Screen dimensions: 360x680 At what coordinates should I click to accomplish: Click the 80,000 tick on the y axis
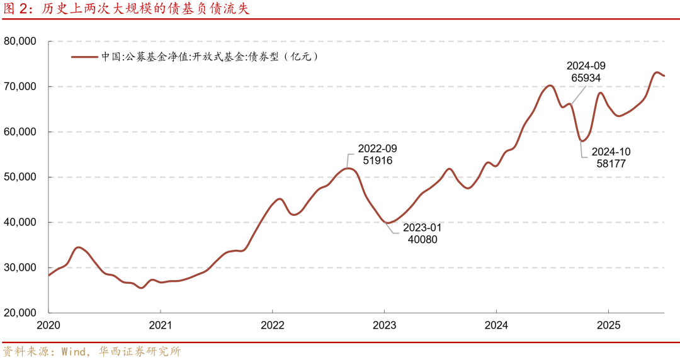pyautogui.click(x=21, y=42)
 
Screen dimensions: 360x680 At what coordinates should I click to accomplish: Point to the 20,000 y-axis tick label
pyautogui.click(x=21, y=313)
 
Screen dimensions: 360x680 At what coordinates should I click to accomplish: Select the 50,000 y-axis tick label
pyautogui.click(x=21, y=177)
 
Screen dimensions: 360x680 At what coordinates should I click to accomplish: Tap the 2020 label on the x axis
pyautogui.click(x=48, y=325)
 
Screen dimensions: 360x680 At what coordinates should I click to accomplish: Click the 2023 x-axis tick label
pyautogui.click(x=384, y=325)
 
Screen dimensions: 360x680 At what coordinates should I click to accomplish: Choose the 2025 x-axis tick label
pyautogui.click(x=608, y=325)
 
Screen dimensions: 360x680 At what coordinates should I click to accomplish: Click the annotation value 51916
pyautogui.click(x=378, y=160)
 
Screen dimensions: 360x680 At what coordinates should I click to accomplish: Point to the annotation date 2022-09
pyautogui.click(x=378, y=149)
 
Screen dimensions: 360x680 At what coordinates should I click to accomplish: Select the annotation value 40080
pyautogui.click(x=421, y=239)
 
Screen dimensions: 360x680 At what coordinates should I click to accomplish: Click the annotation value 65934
pyautogui.click(x=586, y=78)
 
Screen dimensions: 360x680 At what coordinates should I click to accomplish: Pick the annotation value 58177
pyautogui.click(x=610, y=164)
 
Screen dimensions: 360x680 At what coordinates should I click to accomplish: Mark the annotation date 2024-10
pyautogui.click(x=610, y=152)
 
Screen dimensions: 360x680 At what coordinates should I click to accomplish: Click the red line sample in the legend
pyautogui.click(x=84, y=57)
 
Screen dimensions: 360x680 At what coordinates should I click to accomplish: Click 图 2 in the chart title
pyautogui.click(x=14, y=8)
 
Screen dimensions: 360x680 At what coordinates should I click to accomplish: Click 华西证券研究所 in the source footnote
pyautogui.click(x=140, y=351)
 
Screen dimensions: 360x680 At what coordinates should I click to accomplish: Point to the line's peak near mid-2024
pyautogui.click(x=550, y=86)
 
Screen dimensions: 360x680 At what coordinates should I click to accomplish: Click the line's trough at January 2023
pyautogui.click(x=387, y=223)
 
